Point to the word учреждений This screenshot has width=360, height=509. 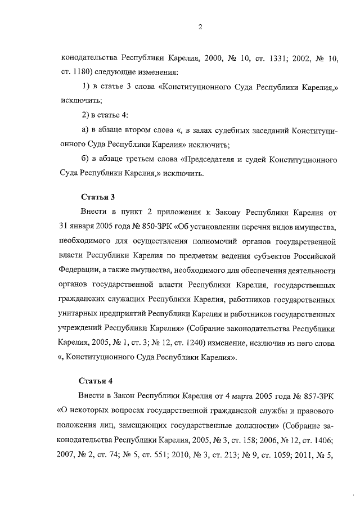tap(80, 328)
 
